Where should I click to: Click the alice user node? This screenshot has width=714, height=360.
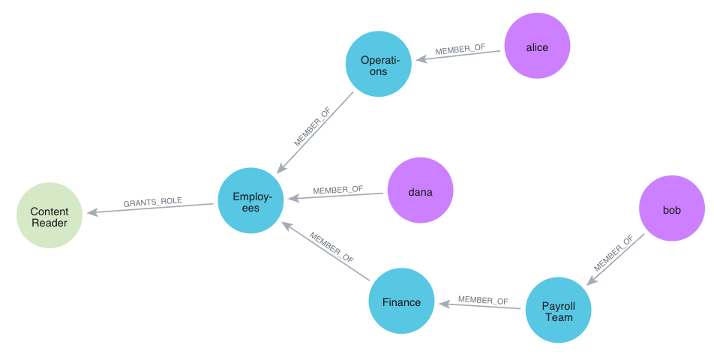click(537, 46)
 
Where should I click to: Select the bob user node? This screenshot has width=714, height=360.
click(672, 208)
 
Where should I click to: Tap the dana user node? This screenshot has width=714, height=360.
click(420, 190)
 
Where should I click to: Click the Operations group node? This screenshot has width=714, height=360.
click(379, 64)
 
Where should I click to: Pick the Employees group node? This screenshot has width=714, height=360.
click(250, 201)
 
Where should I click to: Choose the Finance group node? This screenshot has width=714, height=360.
click(401, 301)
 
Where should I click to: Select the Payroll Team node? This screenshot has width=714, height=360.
click(558, 310)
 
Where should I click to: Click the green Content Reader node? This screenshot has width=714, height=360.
click(49, 216)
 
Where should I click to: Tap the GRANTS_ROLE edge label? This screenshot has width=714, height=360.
click(153, 202)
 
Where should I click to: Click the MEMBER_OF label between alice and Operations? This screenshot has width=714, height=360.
click(460, 49)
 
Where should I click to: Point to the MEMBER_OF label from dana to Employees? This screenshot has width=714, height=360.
click(337, 190)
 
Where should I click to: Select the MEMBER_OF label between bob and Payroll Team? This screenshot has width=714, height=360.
click(613, 253)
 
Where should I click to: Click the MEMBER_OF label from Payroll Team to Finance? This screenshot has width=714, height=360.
click(483, 301)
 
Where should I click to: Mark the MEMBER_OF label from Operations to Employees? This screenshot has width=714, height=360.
click(313, 126)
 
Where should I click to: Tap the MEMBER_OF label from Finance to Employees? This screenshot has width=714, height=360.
click(331, 246)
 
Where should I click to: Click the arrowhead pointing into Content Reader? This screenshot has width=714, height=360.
click(91, 213)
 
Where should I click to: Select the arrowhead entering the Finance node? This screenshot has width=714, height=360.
click(443, 304)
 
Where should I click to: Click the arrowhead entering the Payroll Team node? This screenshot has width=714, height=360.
click(590, 281)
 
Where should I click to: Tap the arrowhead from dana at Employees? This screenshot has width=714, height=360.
click(292, 198)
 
